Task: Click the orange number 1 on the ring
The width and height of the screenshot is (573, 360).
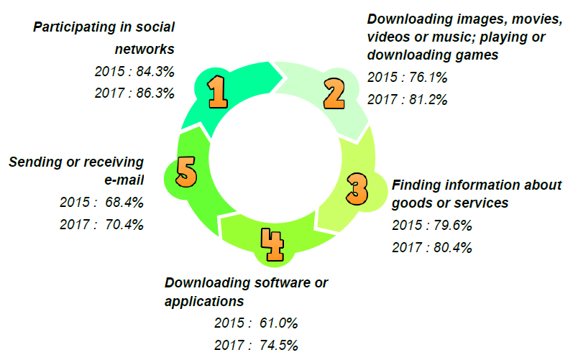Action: (x=218, y=92)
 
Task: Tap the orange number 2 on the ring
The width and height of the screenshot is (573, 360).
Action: (x=334, y=91)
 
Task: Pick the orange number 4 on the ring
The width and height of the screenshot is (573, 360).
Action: (x=272, y=245)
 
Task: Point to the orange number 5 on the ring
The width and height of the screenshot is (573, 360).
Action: (x=186, y=172)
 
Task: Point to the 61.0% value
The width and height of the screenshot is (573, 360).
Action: (x=275, y=323)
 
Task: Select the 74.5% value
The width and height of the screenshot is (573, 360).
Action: (x=275, y=345)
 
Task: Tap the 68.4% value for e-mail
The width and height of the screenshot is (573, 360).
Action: (x=124, y=202)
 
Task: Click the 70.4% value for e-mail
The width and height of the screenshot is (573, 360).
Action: (x=124, y=224)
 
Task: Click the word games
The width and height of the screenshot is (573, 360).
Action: (x=481, y=54)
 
